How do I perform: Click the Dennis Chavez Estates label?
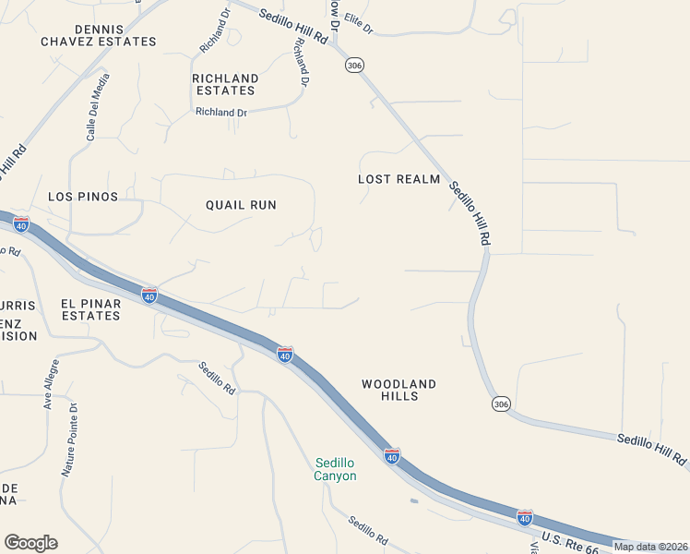99,36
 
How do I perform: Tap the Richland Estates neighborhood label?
225,84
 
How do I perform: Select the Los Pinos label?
83,197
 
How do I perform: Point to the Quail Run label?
241,205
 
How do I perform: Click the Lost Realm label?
399,179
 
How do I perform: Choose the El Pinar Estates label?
90,309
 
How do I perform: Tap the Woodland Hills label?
399,390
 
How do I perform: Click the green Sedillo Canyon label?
336,469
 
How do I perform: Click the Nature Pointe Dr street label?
70,438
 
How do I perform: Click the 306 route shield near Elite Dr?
355,65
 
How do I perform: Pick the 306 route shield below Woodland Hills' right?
500,404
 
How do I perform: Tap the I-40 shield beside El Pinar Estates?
149,295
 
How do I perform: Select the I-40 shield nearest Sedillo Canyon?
392,455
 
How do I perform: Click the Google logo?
30,543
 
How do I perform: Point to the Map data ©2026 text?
650,547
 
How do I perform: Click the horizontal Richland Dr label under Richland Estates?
221,113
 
